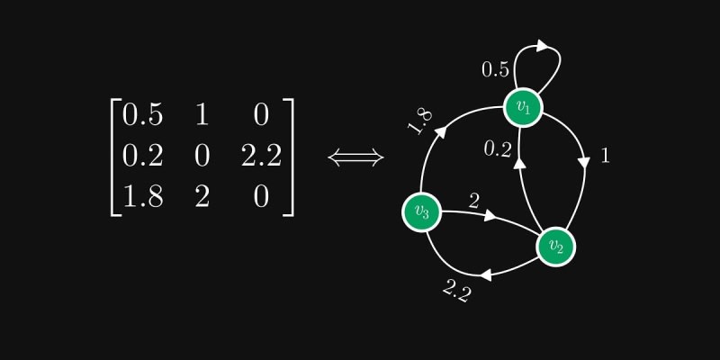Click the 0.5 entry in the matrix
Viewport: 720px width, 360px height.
pos(142,114)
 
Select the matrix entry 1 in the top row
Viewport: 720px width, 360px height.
pos(202,114)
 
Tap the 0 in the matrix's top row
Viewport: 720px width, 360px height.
pos(261,114)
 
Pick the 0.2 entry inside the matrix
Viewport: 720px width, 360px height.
pos(142,156)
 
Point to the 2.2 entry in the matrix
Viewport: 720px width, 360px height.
pos(261,156)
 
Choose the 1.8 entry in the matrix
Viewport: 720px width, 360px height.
pos(142,197)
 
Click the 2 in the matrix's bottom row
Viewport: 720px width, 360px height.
pos(202,197)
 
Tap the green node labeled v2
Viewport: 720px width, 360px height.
pos(556,246)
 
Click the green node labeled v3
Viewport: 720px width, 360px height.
pos(421,212)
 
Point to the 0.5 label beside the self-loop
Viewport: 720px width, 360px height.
pos(495,69)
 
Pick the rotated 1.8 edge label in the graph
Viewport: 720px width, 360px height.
pos(420,121)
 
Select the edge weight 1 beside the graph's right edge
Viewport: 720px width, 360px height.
pos(605,156)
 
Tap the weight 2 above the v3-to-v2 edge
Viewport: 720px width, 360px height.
pos(472,199)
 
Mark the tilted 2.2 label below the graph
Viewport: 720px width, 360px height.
pos(457,290)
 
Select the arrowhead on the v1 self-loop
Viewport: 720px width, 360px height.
pos(543,44)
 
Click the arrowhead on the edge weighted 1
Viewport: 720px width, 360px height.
pos(583,163)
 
